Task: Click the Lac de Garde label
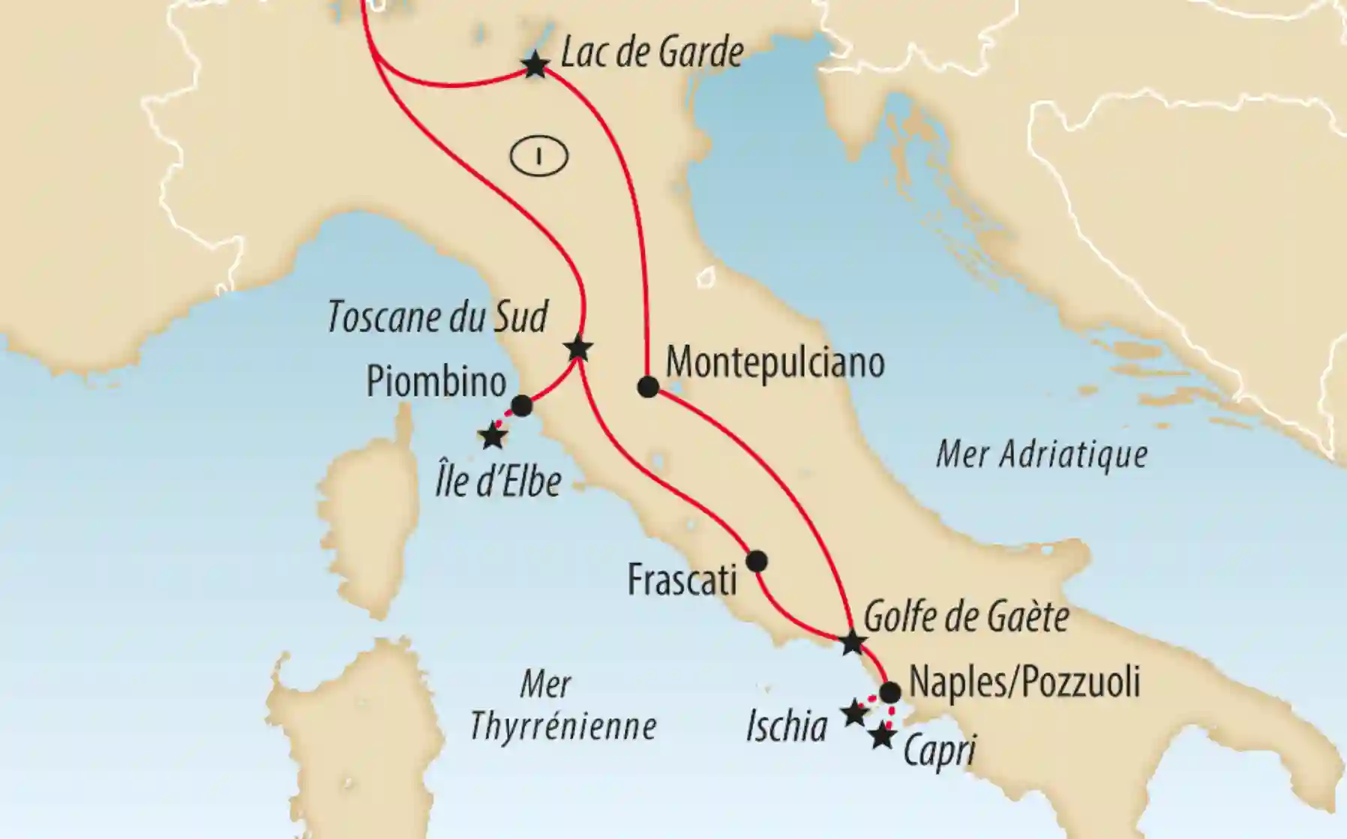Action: pos(652,52)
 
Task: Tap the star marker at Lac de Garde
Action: pos(535,65)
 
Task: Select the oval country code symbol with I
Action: pos(538,157)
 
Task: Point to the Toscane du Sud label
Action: pos(437,317)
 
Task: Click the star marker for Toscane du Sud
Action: pos(579,349)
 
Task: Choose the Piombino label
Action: pos(436,381)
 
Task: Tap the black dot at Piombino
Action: pos(521,406)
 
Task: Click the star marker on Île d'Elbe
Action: pos(493,436)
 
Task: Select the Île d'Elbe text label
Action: pos(498,481)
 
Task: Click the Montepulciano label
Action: pos(775,363)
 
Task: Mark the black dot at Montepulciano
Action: pos(648,388)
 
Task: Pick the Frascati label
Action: pos(682,580)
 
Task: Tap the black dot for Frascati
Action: pos(757,561)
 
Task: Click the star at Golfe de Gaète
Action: pos(852,643)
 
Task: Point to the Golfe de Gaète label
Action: pos(966,618)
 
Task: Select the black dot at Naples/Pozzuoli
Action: pos(889,692)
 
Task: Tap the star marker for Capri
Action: pos(883,736)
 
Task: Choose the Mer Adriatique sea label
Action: pos(1042,454)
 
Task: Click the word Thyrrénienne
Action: pos(562,726)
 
